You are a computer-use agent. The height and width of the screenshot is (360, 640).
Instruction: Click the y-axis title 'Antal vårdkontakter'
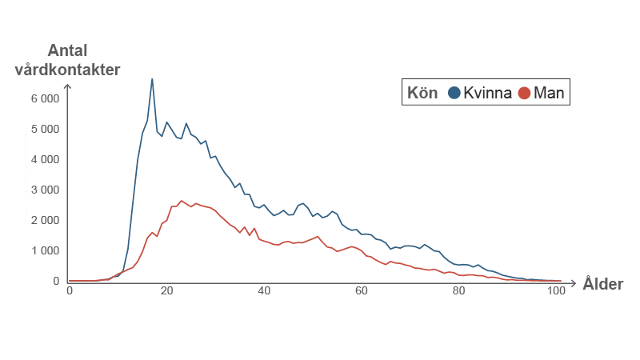tap(67, 60)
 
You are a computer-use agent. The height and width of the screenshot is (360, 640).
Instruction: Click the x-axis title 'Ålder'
tap(602, 284)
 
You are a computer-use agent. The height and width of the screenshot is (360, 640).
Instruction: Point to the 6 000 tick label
tap(45, 98)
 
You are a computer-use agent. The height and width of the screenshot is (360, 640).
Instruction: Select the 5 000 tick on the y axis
tap(45, 129)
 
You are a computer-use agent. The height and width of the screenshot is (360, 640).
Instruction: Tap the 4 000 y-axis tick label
tap(45, 159)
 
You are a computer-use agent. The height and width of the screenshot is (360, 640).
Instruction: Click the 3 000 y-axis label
tap(45, 190)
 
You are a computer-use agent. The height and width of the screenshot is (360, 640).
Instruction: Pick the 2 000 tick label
tap(45, 220)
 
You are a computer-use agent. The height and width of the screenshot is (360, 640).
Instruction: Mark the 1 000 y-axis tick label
tap(45, 250)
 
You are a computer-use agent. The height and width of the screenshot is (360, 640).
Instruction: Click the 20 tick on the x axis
tap(166, 290)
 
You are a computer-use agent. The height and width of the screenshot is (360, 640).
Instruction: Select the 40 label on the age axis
tap(264, 290)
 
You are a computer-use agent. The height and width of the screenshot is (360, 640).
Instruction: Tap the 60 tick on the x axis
tap(362, 290)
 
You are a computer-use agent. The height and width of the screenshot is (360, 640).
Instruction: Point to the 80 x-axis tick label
tap(459, 290)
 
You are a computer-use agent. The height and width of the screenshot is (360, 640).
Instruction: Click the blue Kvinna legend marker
tap(454, 93)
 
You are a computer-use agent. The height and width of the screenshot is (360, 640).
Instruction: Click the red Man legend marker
tap(524, 93)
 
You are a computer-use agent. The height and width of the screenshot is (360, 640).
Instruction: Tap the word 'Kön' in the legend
tap(422, 93)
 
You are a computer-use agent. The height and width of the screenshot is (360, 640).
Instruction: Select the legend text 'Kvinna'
tap(486, 93)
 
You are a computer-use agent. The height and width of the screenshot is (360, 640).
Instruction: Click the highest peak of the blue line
tap(152, 78)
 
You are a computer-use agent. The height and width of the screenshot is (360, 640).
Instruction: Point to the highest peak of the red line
tap(182, 201)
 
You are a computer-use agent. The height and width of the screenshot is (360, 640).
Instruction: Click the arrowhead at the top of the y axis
tap(68, 86)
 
